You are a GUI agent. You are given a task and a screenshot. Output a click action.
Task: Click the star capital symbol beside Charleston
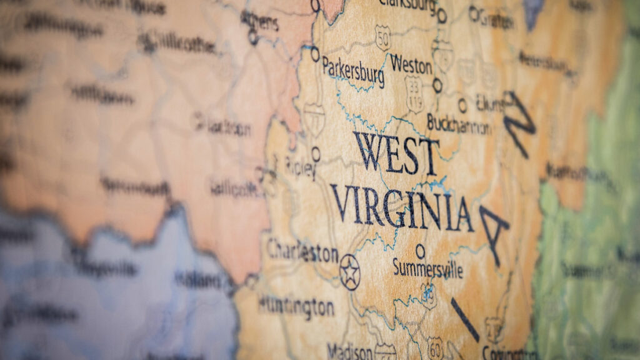click(x=349, y=272)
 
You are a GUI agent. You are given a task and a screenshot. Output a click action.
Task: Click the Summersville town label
click(x=428, y=269)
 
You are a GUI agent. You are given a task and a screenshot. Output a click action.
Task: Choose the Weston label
click(x=411, y=64)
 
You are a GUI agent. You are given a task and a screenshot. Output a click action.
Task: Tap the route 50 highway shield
click(x=382, y=37)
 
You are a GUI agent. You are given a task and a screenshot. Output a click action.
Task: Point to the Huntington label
click(x=296, y=306)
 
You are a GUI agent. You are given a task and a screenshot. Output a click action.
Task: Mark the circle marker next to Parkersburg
click(x=315, y=54)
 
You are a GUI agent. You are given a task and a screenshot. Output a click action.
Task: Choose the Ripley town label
click(x=301, y=167)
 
